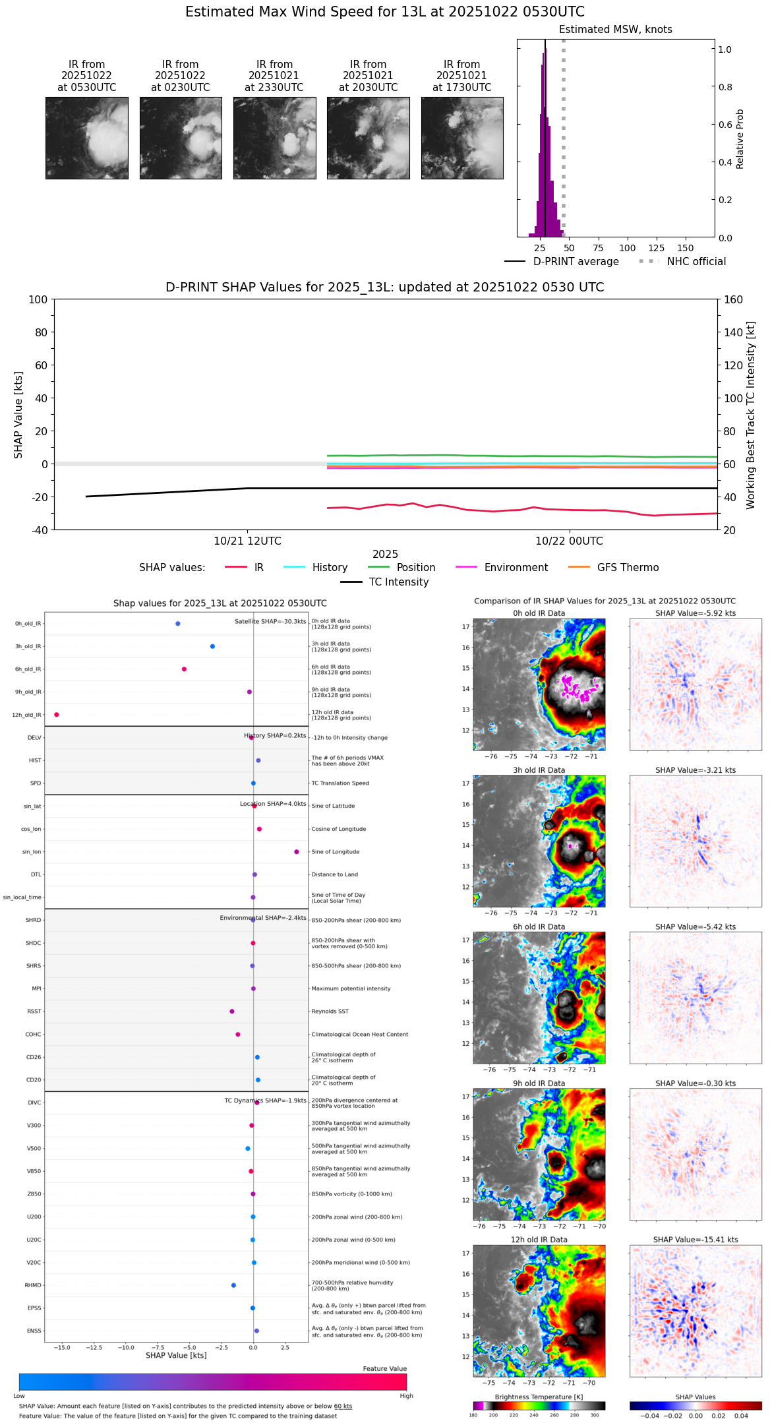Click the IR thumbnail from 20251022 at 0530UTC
pyautogui.click(x=86, y=138)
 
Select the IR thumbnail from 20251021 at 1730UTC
pyautogui.click(x=462, y=138)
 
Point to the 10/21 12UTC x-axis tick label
pyautogui.click(x=247, y=541)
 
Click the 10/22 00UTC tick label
pyautogui.click(x=569, y=541)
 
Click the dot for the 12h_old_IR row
pyautogui.click(x=57, y=715)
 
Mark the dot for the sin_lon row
pyautogui.click(x=297, y=852)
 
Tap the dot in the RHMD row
pyautogui.click(x=233, y=1285)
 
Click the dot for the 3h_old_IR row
pyautogui.click(x=212, y=646)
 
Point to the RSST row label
pyautogui.click(x=34, y=1012)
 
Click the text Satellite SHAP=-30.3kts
pyautogui.click(x=270, y=622)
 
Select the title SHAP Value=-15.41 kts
pyautogui.click(x=696, y=1240)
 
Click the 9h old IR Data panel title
pyautogui.click(x=539, y=1083)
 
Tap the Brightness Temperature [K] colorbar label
pyautogui.click(x=539, y=1397)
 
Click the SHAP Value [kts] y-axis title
pyautogui.click(x=18, y=415)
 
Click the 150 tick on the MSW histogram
pyautogui.click(x=686, y=249)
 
